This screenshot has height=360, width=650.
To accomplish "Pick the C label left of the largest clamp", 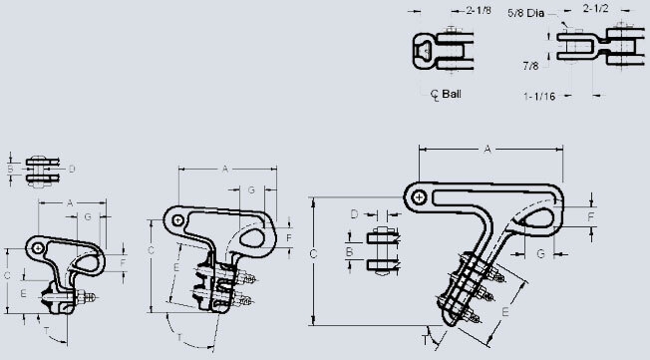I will [x=312, y=255].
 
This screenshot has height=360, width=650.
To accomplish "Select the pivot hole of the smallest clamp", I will [x=37, y=244].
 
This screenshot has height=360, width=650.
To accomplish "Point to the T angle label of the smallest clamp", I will [x=44, y=327].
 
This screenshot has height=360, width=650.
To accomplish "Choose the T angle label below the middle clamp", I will [x=178, y=331].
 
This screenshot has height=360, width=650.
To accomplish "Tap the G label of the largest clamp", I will [x=539, y=254].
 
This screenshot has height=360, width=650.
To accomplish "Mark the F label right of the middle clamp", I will [x=289, y=239].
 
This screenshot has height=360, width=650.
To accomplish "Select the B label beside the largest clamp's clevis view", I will [x=349, y=253].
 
